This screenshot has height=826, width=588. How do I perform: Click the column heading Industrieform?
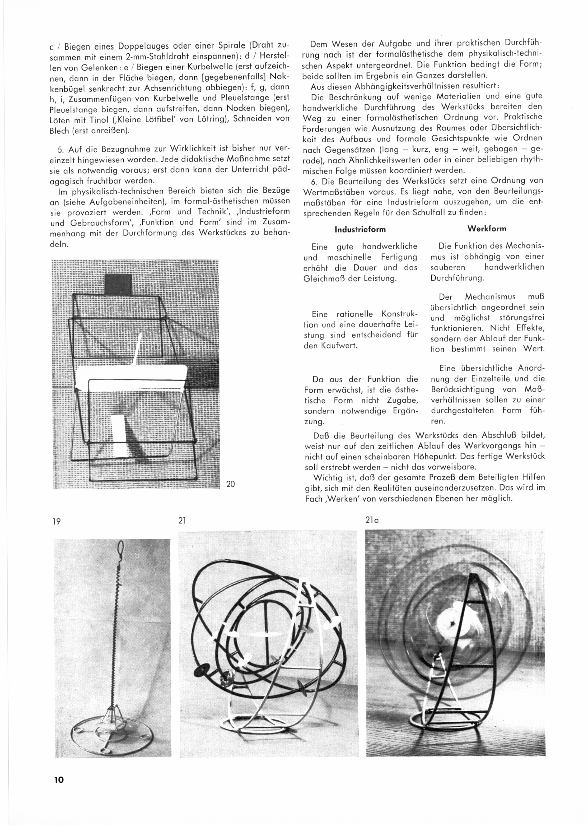[x=360, y=229]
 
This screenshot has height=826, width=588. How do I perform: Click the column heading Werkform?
[x=487, y=229]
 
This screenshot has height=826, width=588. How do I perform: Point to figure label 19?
[x=56, y=522]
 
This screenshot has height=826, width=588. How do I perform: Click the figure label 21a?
[x=372, y=520]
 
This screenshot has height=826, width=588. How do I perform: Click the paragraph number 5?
[x=61, y=148]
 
